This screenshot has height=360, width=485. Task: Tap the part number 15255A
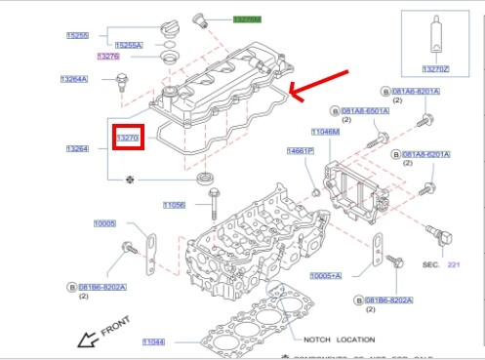(129, 45)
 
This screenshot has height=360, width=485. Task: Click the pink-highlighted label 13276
(108, 57)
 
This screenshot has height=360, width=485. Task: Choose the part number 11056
(174, 205)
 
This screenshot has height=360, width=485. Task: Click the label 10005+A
(325, 276)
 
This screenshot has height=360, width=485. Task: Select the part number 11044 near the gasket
(154, 341)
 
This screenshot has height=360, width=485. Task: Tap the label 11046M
(325, 131)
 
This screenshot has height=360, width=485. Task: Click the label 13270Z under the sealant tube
(436, 69)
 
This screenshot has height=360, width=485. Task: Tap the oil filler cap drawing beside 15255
(170, 35)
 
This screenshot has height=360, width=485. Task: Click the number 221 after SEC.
(453, 264)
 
